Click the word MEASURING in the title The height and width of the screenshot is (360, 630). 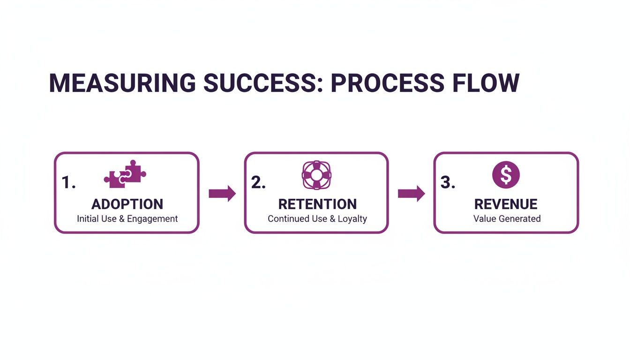pyautogui.click(x=122, y=83)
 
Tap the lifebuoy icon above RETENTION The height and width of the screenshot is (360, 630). pyautogui.click(x=316, y=175)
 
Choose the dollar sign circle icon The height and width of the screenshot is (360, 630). pyautogui.click(x=506, y=175)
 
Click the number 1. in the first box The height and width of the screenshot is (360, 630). pyautogui.click(x=68, y=183)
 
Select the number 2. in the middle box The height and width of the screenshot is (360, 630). pyautogui.click(x=258, y=183)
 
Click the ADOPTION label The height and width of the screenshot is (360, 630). pyautogui.click(x=127, y=204)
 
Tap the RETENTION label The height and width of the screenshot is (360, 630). pyautogui.click(x=317, y=204)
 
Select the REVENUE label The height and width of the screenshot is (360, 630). pyautogui.click(x=506, y=204)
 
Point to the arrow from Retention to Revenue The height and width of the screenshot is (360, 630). pyautogui.click(x=411, y=194)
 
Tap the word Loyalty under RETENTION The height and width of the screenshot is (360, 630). pyautogui.click(x=352, y=219)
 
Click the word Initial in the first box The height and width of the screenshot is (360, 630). pyautogui.click(x=87, y=219)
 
